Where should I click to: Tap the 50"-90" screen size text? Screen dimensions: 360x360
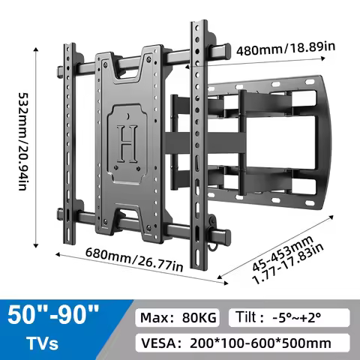[x=53, y=315]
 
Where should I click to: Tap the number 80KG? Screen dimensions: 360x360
[x=200, y=318]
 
